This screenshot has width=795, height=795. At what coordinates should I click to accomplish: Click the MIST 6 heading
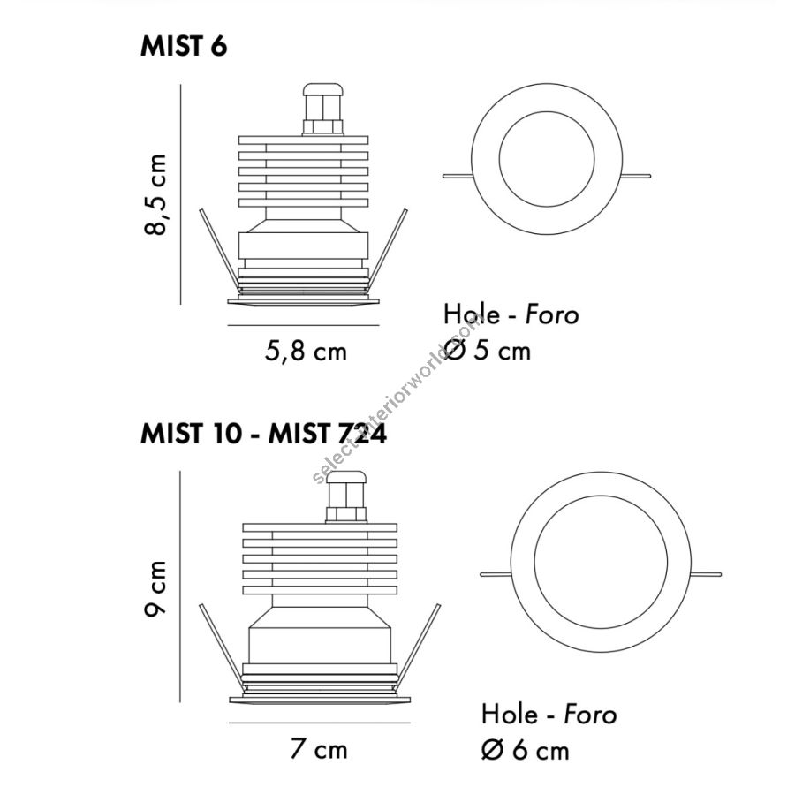[184, 46]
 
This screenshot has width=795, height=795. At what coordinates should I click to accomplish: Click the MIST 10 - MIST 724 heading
[263, 434]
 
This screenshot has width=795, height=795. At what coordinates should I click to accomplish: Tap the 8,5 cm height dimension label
[155, 194]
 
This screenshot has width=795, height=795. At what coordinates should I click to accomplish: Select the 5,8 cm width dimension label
[306, 352]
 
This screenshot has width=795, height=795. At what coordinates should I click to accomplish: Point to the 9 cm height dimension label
[155, 588]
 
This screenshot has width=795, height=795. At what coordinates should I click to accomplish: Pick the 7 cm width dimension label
[319, 749]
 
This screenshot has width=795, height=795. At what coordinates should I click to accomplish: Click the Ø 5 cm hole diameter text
[488, 351]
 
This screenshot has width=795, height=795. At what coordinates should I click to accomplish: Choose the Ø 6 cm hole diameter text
[526, 750]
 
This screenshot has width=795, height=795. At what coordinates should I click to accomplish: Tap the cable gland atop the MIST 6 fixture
[323, 110]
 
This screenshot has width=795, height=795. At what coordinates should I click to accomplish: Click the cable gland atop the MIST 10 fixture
[346, 496]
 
